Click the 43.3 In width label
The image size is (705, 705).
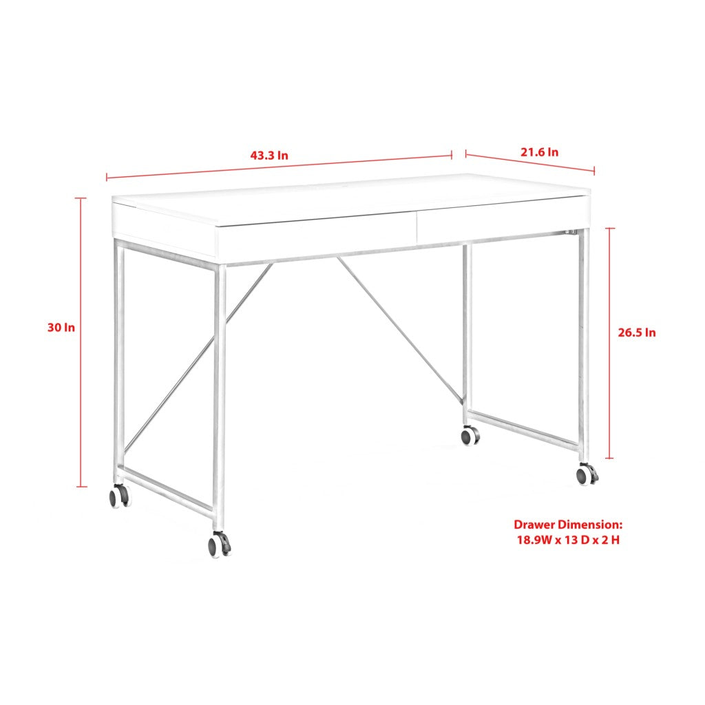click(x=269, y=156)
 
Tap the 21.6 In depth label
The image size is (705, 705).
click(x=539, y=152)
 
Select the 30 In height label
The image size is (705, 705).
click(x=61, y=328)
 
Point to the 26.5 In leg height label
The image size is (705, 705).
click(x=636, y=333)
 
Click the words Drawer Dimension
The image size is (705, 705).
click(x=568, y=525)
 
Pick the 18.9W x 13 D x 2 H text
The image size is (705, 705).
click(x=568, y=540)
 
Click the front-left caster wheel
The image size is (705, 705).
click(x=118, y=496)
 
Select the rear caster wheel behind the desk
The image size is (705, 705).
click(x=470, y=435)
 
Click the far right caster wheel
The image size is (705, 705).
click(x=587, y=474)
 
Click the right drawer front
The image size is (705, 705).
click(x=503, y=220)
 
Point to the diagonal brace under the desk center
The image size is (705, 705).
click(x=399, y=330)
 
